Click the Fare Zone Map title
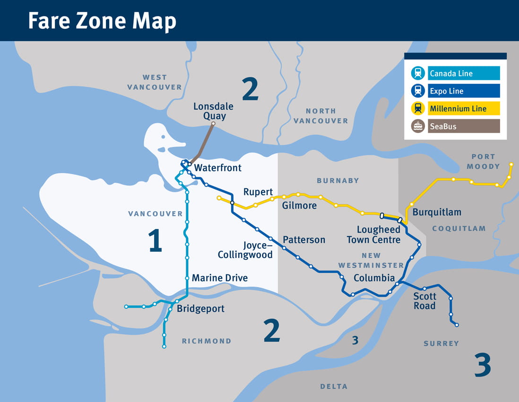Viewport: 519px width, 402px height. pyautogui.click(x=102, y=21)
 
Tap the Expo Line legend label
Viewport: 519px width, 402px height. pyautogui.click(x=446, y=91)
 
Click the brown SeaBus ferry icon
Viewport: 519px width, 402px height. pyautogui.click(x=418, y=126)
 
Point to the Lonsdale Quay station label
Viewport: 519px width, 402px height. pyautogui.click(x=213, y=111)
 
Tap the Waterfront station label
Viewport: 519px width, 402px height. pyautogui.click(x=217, y=168)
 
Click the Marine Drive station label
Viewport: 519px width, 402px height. pyautogui.click(x=219, y=278)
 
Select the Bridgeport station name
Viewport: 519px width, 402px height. pyautogui.click(x=200, y=309)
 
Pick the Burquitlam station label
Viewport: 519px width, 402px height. pyautogui.click(x=437, y=212)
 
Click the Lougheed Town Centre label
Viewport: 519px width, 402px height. pyautogui.click(x=373, y=235)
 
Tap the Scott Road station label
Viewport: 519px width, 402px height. pyautogui.click(x=424, y=301)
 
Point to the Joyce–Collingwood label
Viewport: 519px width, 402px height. pyautogui.click(x=245, y=250)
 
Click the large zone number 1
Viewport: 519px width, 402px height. pyautogui.click(x=155, y=240)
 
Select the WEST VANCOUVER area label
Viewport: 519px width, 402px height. pyautogui.click(x=154, y=82)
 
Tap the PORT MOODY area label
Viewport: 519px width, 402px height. pyautogui.click(x=483, y=161)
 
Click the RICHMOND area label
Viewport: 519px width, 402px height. pyautogui.click(x=207, y=341)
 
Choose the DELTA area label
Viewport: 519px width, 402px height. pyautogui.click(x=334, y=386)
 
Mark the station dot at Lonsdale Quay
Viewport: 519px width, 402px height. pyautogui.click(x=213, y=124)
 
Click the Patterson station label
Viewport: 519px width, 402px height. pyautogui.click(x=304, y=240)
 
